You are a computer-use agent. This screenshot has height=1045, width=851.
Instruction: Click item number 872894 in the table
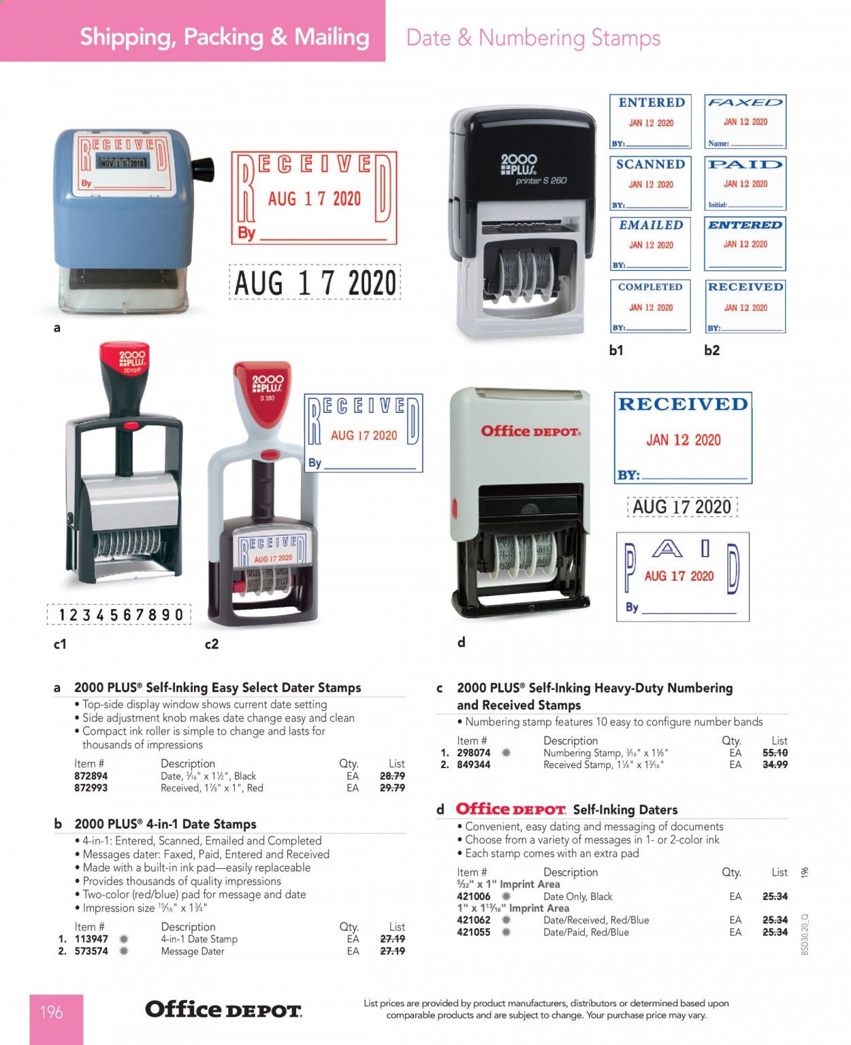(91, 776)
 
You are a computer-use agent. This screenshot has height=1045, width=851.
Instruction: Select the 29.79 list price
(392, 788)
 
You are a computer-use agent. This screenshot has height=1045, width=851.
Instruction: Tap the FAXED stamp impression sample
(745, 121)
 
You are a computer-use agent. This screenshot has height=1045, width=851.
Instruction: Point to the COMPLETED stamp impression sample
(650, 305)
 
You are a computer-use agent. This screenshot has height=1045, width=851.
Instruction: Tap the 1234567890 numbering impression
(120, 615)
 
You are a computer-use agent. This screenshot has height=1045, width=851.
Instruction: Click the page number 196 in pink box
(52, 1012)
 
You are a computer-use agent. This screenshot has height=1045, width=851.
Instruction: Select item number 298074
(474, 752)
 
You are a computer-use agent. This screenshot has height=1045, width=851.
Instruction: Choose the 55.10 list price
(775, 752)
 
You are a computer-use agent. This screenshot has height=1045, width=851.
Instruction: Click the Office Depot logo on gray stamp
(530, 431)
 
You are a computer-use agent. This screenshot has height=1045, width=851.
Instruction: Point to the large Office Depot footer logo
(223, 1010)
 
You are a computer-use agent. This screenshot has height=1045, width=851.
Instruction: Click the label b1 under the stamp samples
(616, 350)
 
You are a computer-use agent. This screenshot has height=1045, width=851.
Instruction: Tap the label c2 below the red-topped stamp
(212, 644)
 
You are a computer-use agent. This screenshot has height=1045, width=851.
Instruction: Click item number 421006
(474, 897)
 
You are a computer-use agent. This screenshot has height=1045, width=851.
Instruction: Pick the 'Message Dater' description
(193, 951)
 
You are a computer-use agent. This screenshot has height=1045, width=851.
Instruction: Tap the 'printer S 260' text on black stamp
(541, 181)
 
